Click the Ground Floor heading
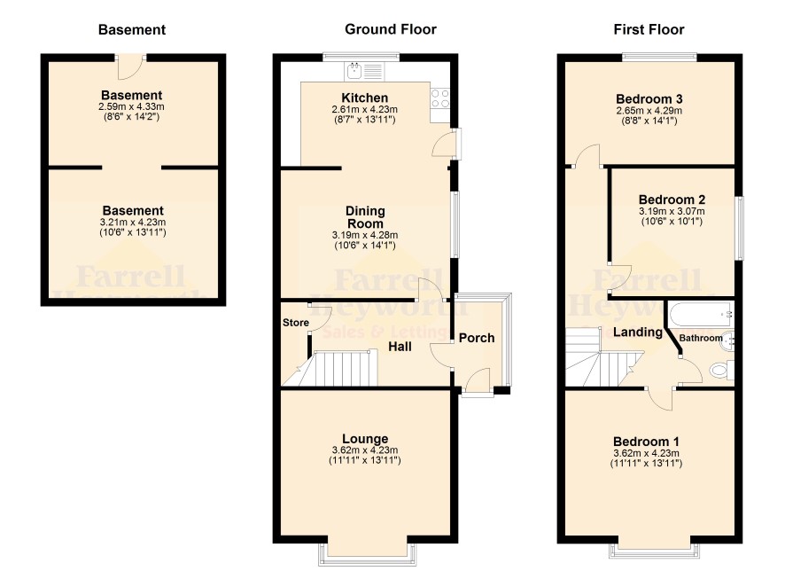(391, 29)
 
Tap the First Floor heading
(649, 29)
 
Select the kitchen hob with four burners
(440, 98)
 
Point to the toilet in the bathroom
(722, 370)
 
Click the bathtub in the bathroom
(701, 313)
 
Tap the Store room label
(295, 323)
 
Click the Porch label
(477, 338)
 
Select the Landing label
(638, 332)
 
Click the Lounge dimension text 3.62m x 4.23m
(365, 450)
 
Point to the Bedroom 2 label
(672, 199)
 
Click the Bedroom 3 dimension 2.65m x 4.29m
(649, 111)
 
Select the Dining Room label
(365, 217)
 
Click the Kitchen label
(364, 98)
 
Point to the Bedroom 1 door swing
(661, 399)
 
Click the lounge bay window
(367, 554)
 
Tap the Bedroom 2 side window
(740, 228)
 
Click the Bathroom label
(701, 338)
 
